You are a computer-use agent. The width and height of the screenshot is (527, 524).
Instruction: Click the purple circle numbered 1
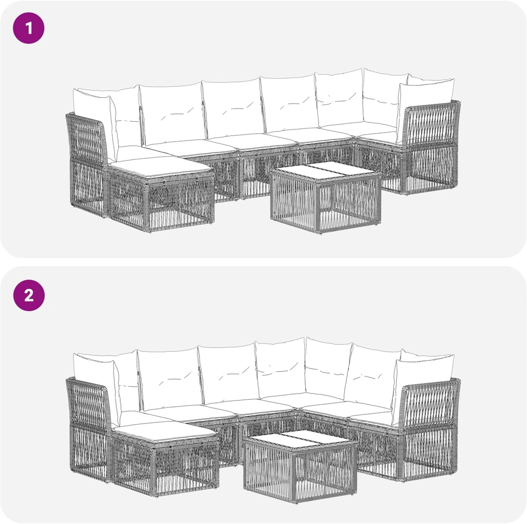point(28,28)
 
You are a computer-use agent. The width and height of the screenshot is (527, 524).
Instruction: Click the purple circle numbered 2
point(28,295)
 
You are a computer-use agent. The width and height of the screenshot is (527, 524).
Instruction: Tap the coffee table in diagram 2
point(300,466)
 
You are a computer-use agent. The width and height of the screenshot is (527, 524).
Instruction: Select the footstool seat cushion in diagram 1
point(161,167)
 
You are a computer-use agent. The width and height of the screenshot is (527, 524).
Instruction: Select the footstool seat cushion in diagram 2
point(165,431)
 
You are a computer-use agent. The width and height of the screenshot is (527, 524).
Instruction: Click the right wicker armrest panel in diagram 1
point(431,148)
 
